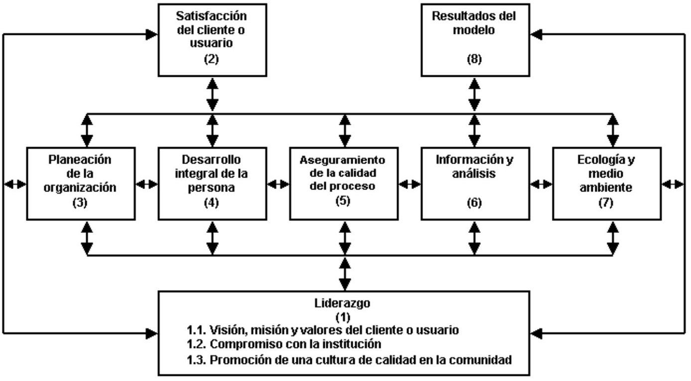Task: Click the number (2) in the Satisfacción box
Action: [x=211, y=59]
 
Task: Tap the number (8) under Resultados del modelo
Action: [x=474, y=59]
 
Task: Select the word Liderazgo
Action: [x=342, y=303]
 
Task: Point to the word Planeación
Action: [x=80, y=159]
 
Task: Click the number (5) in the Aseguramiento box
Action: [x=343, y=200]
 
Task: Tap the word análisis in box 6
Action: [x=474, y=173]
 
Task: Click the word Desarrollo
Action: [x=211, y=159]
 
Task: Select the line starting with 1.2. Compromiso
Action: [x=284, y=344]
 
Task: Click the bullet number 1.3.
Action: [x=196, y=360]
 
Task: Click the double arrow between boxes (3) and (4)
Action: [x=147, y=185]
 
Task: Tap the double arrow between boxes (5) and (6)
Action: [x=410, y=185]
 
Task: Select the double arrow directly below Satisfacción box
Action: [x=212, y=94]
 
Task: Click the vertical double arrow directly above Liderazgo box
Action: [x=345, y=274]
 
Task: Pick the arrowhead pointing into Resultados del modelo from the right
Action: [x=536, y=34]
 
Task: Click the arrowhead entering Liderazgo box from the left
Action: [x=152, y=334]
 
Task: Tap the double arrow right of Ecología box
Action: [x=673, y=185]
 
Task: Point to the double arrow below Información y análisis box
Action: [x=474, y=238]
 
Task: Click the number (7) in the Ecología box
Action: [x=606, y=202]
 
